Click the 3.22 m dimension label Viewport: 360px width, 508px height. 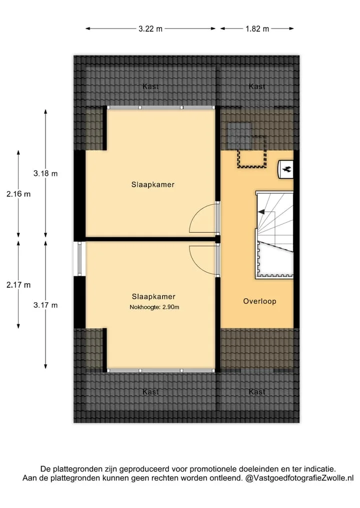click(x=150, y=29)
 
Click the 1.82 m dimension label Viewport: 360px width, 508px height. click(x=257, y=29)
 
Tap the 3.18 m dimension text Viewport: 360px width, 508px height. click(x=45, y=174)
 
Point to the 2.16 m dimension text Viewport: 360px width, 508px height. click(x=18, y=194)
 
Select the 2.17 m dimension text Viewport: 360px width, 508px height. click(x=18, y=285)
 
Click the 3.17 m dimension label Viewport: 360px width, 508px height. click(x=45, y=305)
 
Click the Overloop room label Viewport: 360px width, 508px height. click(x=260, y=301)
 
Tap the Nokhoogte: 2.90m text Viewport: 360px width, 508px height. click(x=154, y=307)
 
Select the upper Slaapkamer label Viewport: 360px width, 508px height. click(x=153, y=185)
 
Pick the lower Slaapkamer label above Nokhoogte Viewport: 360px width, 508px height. click(x=153, y=296)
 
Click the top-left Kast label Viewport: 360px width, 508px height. click(x=151, y=86)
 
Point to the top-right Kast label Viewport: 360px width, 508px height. click(x=257, y=86)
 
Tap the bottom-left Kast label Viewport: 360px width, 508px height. click(x=151, y=392)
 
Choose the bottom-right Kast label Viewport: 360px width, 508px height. click(x=257, y=392)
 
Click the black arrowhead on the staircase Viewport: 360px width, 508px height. click(x=261, y=212)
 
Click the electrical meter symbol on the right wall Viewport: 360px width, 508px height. click(x=286, y=169)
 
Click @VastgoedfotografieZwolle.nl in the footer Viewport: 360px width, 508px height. click(x=299, y=478)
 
